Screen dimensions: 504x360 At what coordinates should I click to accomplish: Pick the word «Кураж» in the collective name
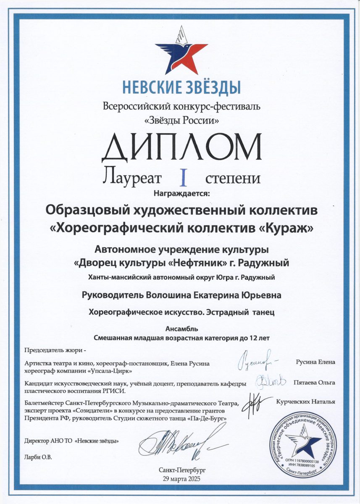click(x=286, y=228)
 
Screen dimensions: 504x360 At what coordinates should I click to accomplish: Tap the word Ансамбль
click(x=180, y=329)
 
